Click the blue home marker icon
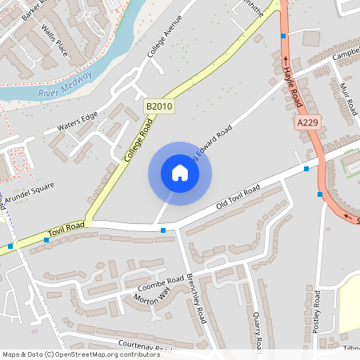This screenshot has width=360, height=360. (180, 173)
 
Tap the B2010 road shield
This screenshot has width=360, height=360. (159, 106)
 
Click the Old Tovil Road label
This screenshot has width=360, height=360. (238, 199)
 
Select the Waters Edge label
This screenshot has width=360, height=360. (77, 121)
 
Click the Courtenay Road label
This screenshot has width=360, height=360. (144, 346)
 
